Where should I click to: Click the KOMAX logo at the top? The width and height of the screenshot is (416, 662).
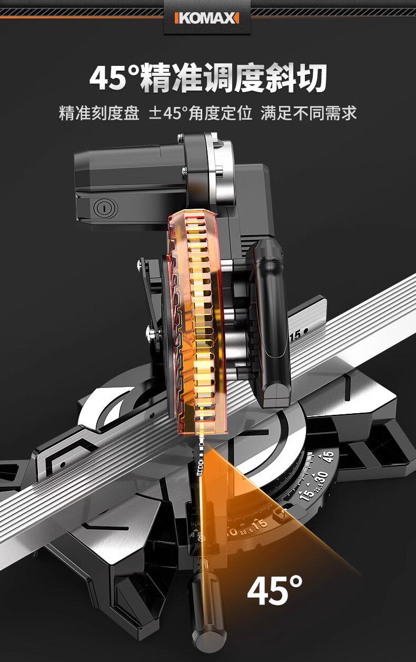click(x=207, y=18)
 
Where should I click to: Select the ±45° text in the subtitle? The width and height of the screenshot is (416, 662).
click(x=169, y=113)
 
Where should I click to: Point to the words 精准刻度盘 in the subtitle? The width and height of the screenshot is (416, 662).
click(x=99, y=113)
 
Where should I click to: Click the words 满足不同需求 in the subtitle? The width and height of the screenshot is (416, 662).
click(x=309, y=113)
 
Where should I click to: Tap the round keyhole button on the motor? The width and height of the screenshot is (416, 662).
click(x=106, y=208)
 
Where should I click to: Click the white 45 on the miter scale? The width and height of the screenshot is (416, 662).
click(x=328, y=456)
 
